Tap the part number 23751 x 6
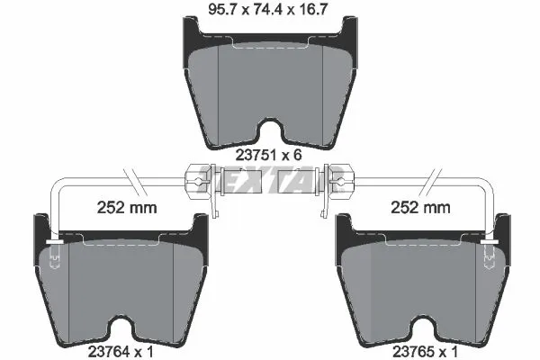pos(269,155)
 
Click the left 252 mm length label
pos(127,207)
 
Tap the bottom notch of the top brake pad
pos(269,132)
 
